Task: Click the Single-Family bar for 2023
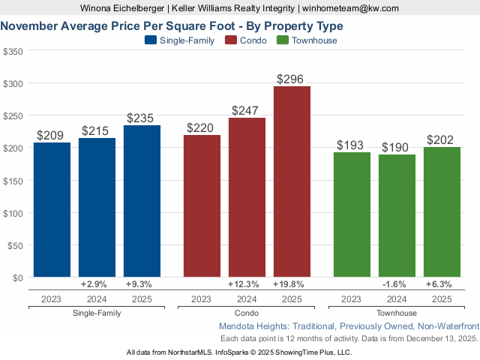[52, 210]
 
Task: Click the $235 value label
[142, 118]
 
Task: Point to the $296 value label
[292, 79]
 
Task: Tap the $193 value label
[352, 145]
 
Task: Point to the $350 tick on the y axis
[13, 52]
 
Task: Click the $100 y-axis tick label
[13, 213]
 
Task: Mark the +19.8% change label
[292, 285]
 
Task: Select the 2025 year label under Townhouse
[442, 299]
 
